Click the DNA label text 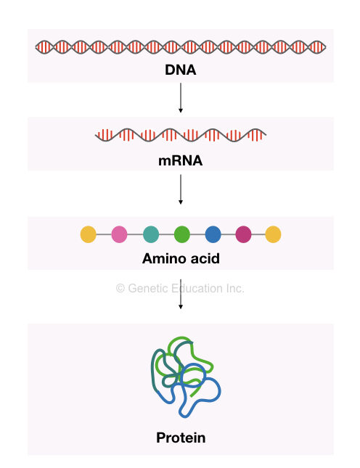tap(180, 70)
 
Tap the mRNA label tap(180, 160)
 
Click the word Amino tap(164, 258)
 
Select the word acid tap(205, 258)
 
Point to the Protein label tap(181, 438)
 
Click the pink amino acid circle tap(119, 234)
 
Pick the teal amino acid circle tap(151, 234)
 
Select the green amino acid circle tap(181, 234)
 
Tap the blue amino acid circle tap(213, 234)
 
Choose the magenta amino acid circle tap(243, 234)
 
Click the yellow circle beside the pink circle tap(88, 234)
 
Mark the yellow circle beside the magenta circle tap(273, 234)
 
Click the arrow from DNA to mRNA tap(180, 98)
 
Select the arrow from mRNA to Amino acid tap(180, 189)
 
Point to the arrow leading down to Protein tap(180, 294)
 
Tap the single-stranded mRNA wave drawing tap(181, 135)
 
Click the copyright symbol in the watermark tap(120, 288)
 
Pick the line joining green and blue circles tap(197, 234)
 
